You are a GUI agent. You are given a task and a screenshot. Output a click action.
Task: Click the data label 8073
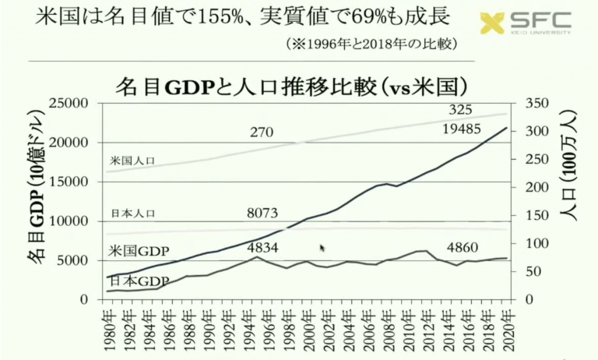[262, 213]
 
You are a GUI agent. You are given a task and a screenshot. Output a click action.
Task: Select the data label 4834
[262, 247]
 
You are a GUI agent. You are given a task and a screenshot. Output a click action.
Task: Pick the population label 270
[261, 132]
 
